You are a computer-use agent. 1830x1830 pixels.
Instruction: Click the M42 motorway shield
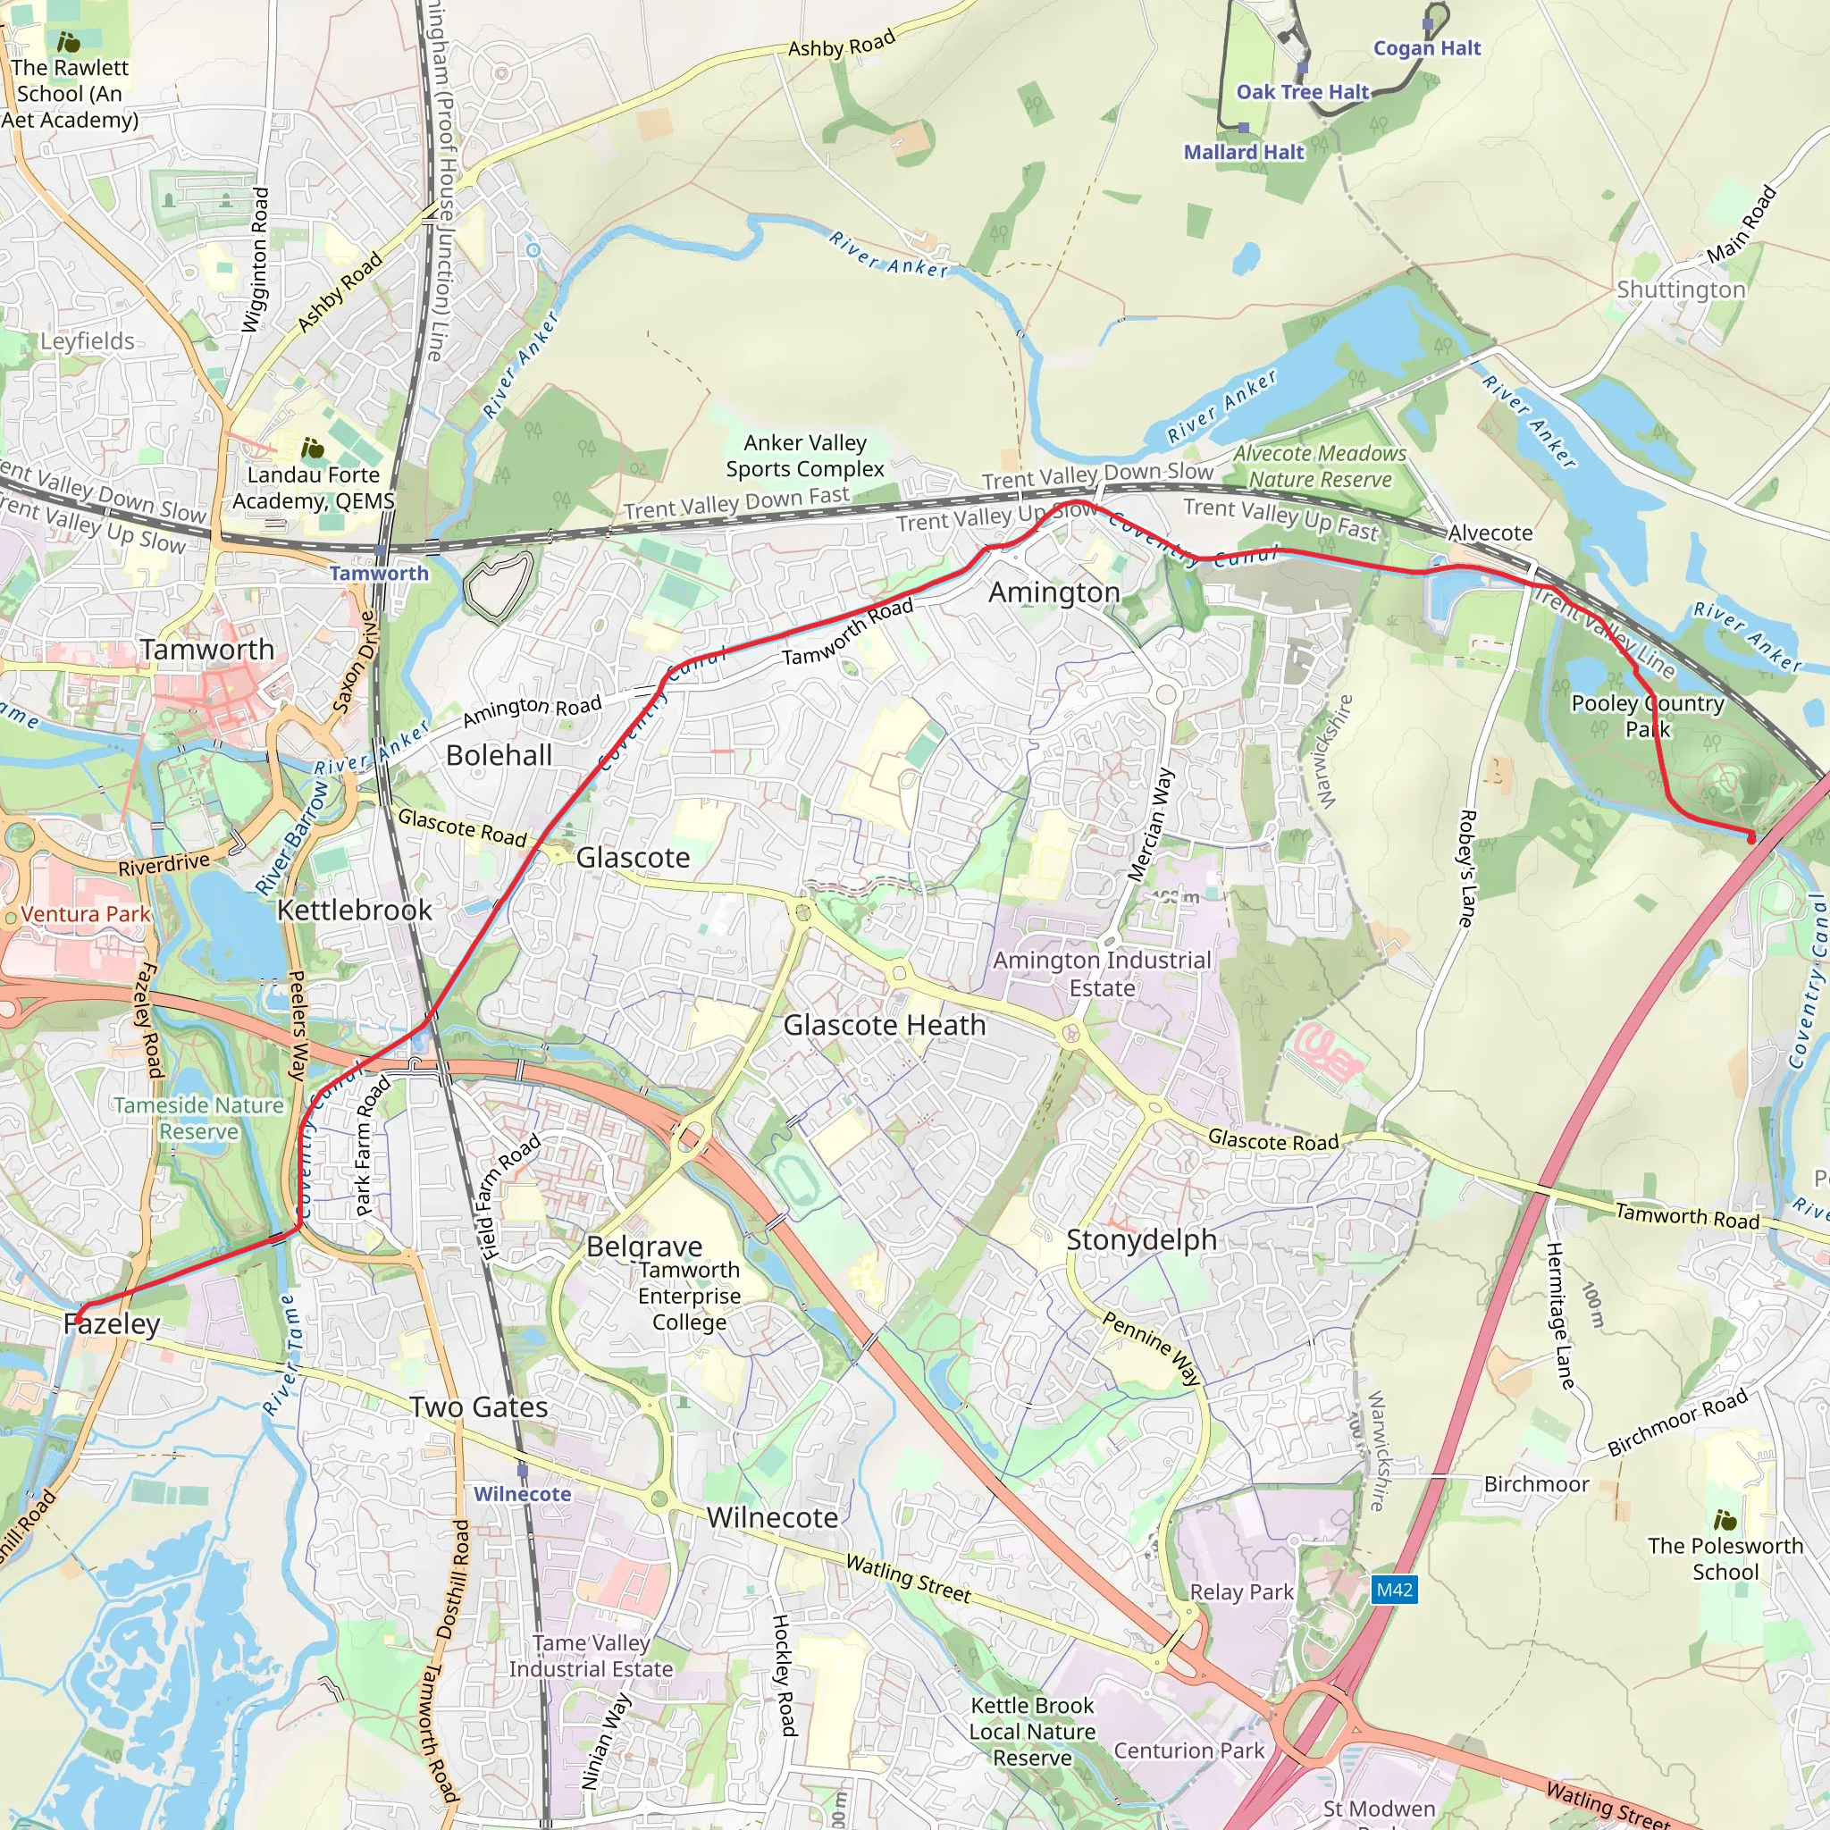click(1394, 1590)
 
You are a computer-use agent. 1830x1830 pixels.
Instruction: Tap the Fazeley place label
click(112, 1324)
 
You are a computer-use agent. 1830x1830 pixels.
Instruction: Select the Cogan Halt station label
click(1426, 48)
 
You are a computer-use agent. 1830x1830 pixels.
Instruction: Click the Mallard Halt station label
click(1244, 153)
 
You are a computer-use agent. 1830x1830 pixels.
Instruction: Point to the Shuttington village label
click(1681, 290)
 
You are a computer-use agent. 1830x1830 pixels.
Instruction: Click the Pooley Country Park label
click(1647, 716)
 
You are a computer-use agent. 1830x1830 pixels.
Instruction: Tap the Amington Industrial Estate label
click(1102, 974)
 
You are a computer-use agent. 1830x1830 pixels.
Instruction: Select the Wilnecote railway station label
click(522, 1494)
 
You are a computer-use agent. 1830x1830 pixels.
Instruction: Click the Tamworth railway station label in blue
click(379, 573)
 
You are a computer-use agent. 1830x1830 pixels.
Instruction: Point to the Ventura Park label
click(85, 914)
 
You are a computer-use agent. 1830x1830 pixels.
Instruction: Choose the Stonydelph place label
click(1141, 1240)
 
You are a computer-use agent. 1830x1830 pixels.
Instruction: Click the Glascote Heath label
click(884, 1025)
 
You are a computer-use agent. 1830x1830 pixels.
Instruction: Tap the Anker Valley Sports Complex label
click(804, 456)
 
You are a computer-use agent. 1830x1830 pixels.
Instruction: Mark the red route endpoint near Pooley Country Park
click(1750, 838)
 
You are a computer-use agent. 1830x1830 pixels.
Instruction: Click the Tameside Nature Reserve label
click(198, 1119)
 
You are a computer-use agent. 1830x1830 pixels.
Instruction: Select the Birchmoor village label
click(1536, 1484)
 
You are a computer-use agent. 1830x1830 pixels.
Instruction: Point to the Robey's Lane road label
click(1466, 868)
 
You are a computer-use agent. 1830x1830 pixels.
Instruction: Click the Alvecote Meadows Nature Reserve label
click(1320, 467)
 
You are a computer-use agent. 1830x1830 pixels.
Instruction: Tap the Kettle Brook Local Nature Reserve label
click(1031, 1732)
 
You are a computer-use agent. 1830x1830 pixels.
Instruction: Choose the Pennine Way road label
click(1151, 1348)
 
